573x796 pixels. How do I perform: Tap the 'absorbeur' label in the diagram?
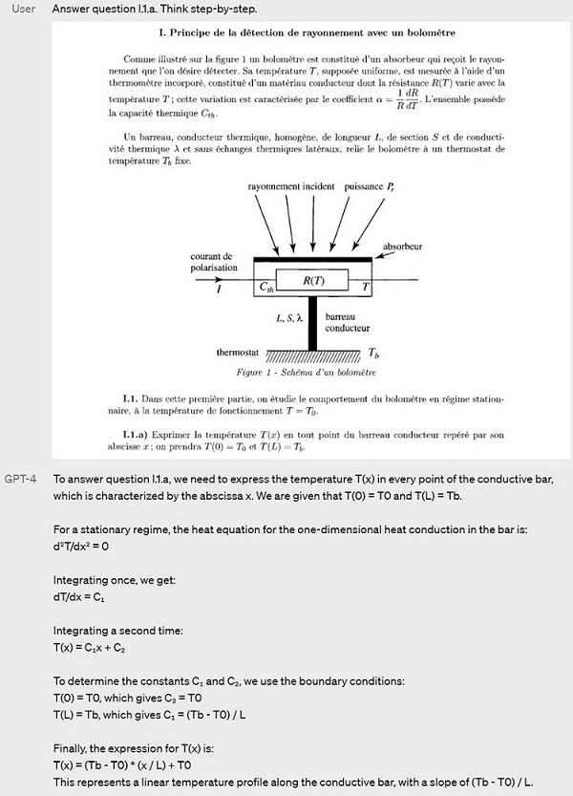click(402, 246)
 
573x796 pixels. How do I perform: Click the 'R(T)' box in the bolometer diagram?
click(312, 281)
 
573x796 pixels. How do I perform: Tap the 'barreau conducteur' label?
click(348, 322)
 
